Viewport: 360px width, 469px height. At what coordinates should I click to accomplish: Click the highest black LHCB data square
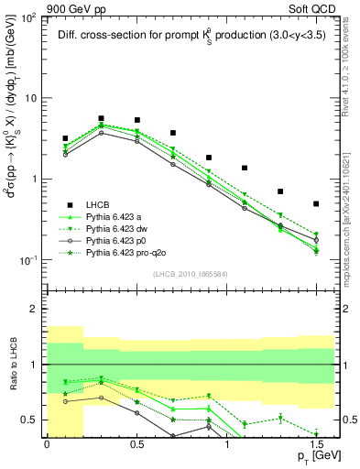pos(101,118)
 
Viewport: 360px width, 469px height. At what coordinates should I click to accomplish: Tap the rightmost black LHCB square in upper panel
pos(316,203)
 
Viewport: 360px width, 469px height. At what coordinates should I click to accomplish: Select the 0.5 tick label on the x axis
pos(136,443)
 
